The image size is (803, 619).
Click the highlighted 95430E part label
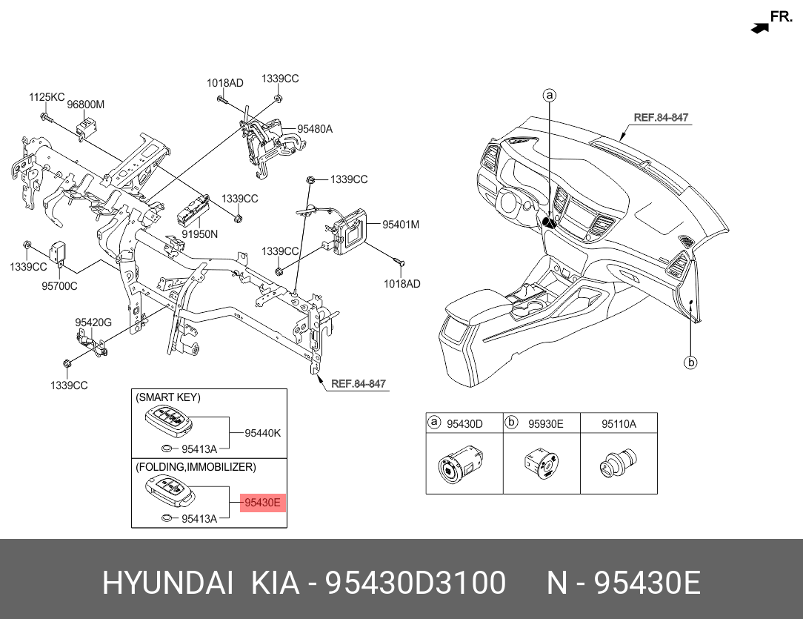coord(262,503)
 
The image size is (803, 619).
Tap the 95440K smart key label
coord(263,433)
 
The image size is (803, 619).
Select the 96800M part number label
coord(85,105)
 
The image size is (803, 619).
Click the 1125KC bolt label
coord(47,97)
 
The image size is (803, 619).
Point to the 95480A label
coord(315,129)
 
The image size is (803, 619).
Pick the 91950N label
coord(200,234)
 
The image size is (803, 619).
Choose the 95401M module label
coord(401,225)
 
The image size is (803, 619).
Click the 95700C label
coord(59,286)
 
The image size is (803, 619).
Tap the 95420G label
coord(93,322)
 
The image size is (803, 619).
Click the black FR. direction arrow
coord(760,29)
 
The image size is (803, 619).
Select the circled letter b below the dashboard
coord(691,363)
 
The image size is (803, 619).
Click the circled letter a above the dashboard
coord(550,96)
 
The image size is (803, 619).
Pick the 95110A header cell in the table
coord(619,424)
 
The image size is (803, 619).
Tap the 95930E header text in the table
coord(546,424)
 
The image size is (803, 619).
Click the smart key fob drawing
coord(168,420)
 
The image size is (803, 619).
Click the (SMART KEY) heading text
coord(168,397)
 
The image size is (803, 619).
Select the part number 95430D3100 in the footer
coord(416,583)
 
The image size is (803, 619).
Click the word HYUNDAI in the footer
coord(168,583)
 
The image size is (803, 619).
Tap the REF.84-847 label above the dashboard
coord(662,117)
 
